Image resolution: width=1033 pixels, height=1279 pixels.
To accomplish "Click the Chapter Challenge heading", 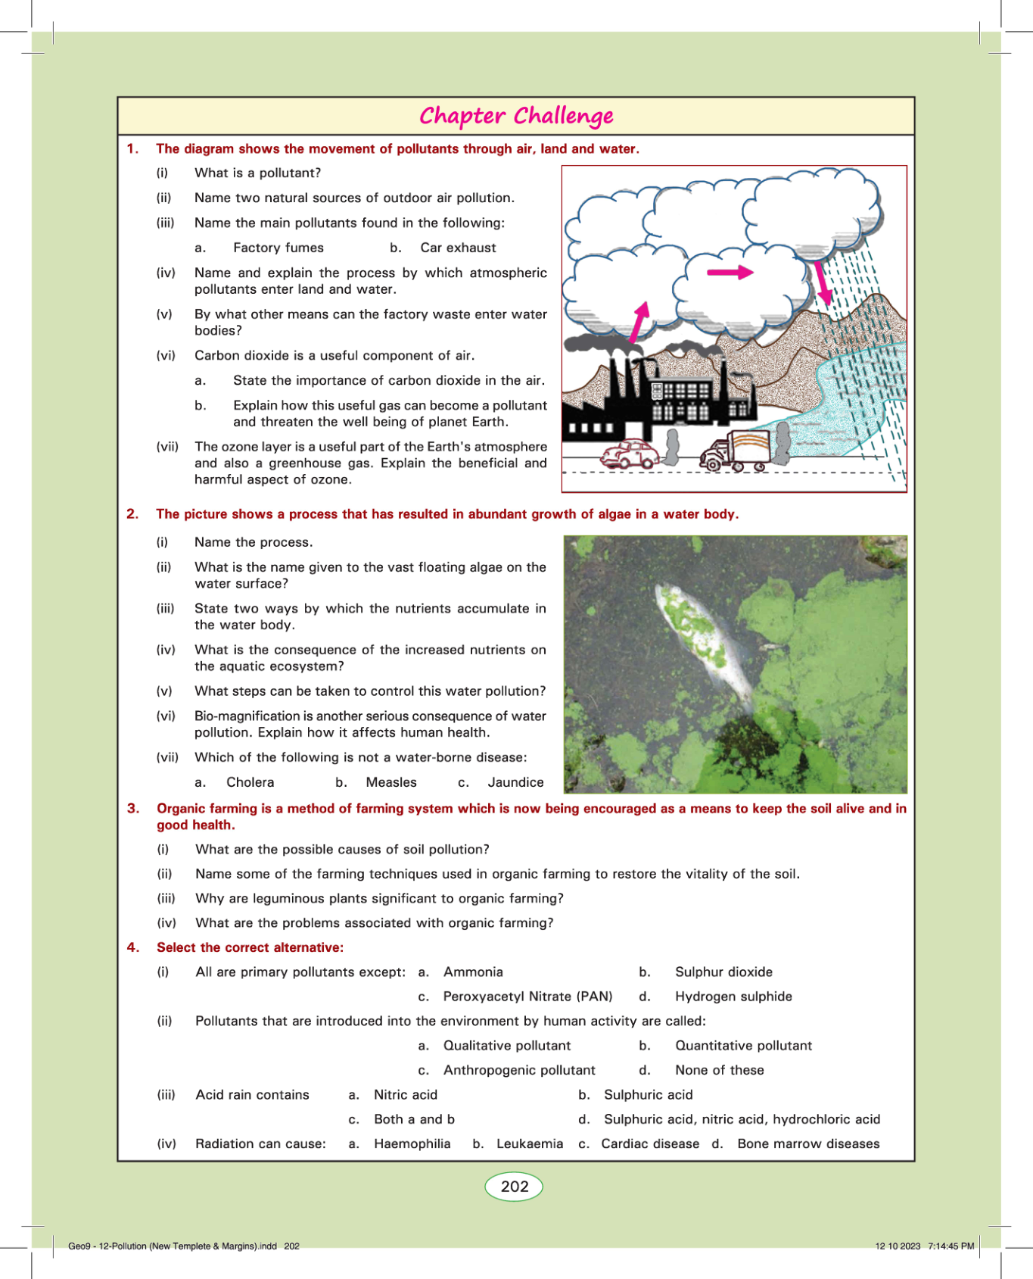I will (516, 116).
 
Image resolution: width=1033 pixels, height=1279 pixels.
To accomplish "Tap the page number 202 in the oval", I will (514, 1187).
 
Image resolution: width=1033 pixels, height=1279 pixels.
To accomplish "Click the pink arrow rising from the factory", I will (639, 323).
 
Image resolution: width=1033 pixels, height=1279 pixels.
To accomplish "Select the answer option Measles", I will (391, 782).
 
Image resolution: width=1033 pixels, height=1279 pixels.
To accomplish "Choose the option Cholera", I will (250, 782).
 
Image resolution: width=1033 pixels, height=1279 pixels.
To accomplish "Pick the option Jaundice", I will (515, 782).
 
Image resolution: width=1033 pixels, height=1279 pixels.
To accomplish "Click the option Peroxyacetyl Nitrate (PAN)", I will (527, 997).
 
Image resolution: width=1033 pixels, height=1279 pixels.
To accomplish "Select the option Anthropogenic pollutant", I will (519, 1070).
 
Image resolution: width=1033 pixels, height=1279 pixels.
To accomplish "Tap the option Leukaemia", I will (530, 1143).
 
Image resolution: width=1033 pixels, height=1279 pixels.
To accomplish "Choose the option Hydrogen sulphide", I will (733, 997).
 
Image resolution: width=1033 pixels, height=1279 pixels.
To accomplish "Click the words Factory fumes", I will (278, 248).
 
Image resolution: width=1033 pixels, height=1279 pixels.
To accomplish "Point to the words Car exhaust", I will (458, 248).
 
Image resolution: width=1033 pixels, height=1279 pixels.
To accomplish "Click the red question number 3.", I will (133, 809).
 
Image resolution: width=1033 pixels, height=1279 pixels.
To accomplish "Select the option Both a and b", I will (414, 1119).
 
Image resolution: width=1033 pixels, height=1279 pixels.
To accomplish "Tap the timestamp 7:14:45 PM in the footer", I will (951, 1246).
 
